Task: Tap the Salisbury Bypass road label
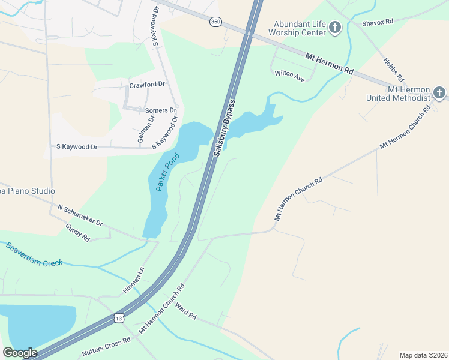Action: coord(223,128)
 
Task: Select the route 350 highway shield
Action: coord(215,22)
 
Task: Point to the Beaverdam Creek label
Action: coord(34,254)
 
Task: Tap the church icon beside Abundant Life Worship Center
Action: coord(335,28)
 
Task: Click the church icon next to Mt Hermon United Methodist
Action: coord(439,93)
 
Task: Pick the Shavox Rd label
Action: coord(377,22)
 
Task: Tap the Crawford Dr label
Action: coord(147,85)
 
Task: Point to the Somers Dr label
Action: coord(161,110)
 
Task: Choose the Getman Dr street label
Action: coord(142,128)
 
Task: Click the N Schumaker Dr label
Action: coord(80,216)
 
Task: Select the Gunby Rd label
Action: coord(77,232)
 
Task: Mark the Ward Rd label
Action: coord(186,312)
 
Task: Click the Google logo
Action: coord(20,353)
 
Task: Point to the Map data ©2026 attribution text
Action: coord(423,355)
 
